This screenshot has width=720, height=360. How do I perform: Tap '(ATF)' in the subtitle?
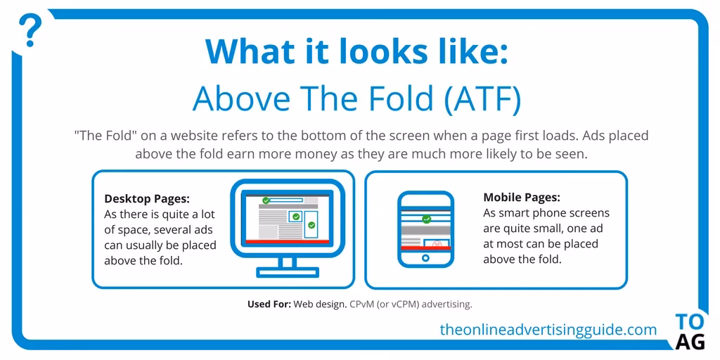483,99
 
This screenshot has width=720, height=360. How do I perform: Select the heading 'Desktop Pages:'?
146,198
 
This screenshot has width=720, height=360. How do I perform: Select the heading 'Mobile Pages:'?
522,198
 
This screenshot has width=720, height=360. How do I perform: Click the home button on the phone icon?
425,258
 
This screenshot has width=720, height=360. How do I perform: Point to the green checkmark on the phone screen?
426,219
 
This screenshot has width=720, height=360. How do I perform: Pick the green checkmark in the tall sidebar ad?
311,225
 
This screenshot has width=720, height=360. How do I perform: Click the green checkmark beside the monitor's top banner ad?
265,201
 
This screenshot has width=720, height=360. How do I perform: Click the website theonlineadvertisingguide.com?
548,329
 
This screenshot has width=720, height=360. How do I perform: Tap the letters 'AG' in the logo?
689,342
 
